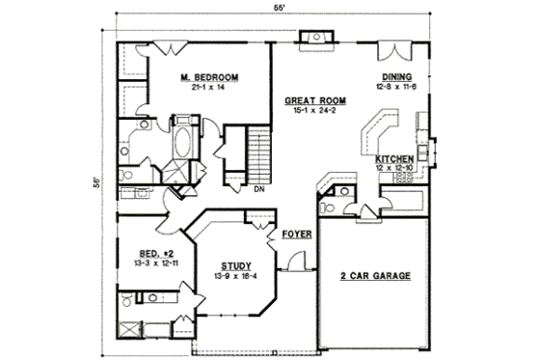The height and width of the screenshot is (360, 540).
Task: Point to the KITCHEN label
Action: coord(395,158)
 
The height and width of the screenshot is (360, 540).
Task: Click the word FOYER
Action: coord(295,235)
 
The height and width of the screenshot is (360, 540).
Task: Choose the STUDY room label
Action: coord(236,264)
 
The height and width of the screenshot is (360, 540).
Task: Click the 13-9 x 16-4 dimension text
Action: coord(236,275)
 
